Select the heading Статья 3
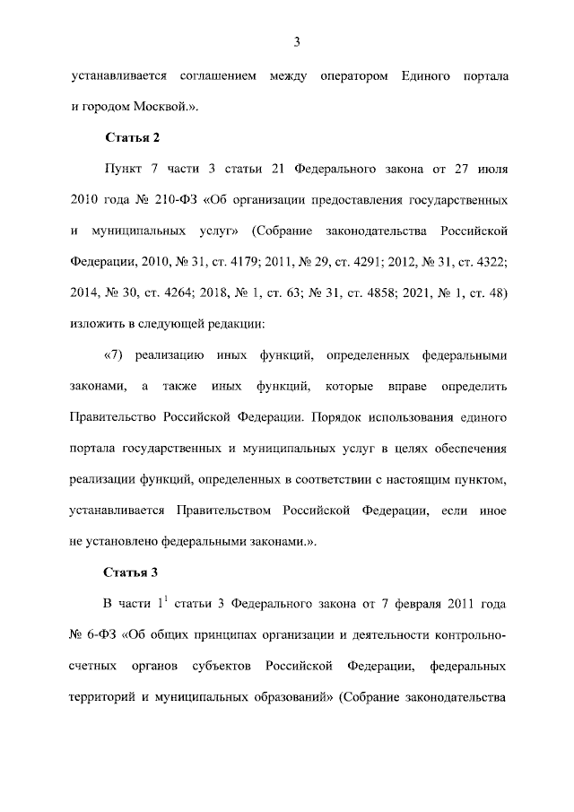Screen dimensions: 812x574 coord(132,572)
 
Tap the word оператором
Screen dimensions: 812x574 coord(353,74)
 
